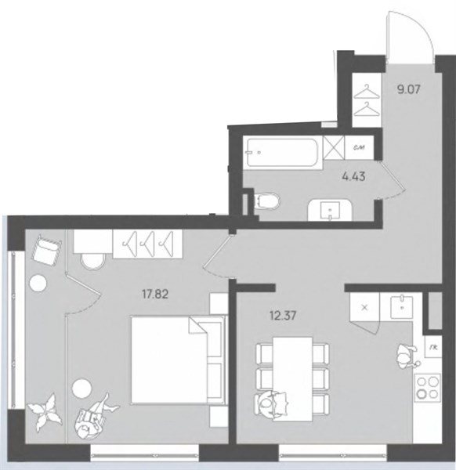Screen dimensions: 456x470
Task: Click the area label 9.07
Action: [409, 89]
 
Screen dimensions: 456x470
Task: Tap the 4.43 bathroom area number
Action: [353, 177]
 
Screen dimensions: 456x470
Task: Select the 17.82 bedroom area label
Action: [155, 295]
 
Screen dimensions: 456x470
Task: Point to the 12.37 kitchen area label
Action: [283, 316]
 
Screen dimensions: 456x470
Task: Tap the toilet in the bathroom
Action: [267, 201]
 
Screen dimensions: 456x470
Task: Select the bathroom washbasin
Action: [330, 210]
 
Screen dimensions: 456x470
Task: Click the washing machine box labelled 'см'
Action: [359, 148]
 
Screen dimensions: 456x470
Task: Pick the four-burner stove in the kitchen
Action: [427, 389]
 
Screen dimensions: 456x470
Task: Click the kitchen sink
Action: [401, 306]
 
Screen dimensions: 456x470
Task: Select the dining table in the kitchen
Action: [292, 379]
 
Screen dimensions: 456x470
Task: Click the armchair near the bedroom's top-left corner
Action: [46, 250]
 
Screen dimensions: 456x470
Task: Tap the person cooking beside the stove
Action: [407, 356]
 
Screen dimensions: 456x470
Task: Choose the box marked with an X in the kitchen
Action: [364, 307]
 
